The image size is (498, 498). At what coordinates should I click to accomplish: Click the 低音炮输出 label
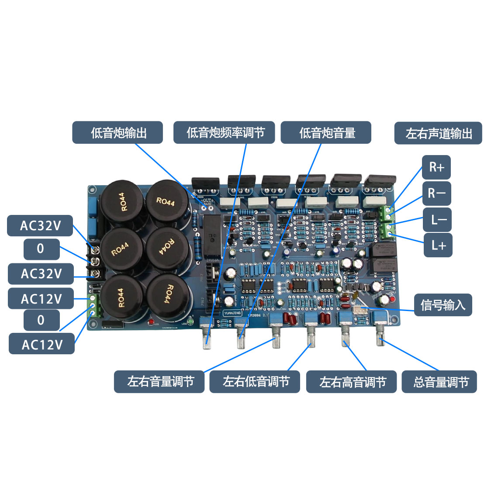point(118,133)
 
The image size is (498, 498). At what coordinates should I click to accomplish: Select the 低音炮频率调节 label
point(224,133)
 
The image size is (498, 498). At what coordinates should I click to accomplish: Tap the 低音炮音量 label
point(326,133)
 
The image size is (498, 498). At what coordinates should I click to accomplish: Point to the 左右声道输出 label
point(438,133)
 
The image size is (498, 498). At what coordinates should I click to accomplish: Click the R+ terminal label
point(436,167)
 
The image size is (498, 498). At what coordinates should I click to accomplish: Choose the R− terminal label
point(436,193)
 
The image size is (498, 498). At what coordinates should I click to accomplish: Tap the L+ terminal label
point(438,246)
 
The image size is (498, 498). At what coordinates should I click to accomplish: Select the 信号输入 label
point(443,304)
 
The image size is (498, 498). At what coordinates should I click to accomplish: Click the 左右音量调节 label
point(159,382)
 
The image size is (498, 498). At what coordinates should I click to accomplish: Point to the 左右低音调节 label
point(255,382)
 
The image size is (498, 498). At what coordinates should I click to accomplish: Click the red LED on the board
point(150,322)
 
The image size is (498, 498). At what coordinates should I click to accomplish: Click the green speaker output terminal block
point(386,222)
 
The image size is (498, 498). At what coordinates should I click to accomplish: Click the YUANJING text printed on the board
point(232,313)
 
